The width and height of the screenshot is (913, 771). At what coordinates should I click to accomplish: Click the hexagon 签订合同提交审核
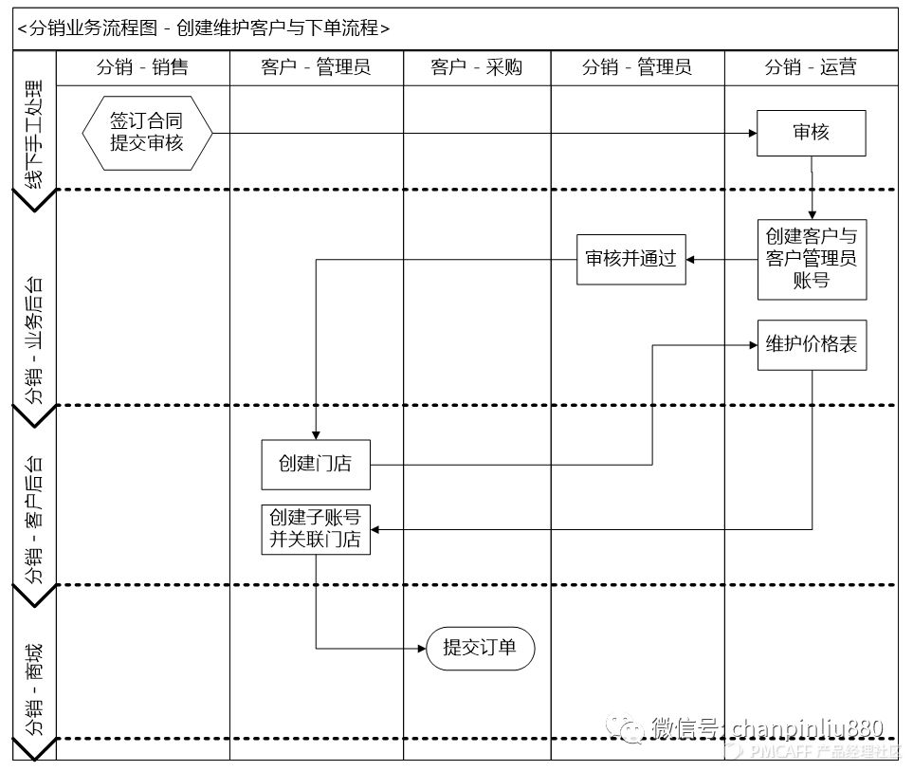coord(146,133)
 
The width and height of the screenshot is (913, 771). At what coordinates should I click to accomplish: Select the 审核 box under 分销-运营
coord(811,133)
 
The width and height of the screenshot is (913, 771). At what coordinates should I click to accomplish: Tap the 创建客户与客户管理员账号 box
coord(811,259)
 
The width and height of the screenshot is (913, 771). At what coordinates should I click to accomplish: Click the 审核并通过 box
coord(631,259)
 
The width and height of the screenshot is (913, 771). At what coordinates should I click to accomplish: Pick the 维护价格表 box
coord(811,345)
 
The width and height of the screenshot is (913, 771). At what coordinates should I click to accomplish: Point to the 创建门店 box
coord(316,464)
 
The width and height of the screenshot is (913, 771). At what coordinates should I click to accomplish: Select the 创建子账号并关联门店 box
coord(316,529)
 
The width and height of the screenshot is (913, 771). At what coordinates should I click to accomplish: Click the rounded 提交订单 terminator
coord(480,649)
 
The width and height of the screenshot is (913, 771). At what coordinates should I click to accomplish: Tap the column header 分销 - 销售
coord(142,66)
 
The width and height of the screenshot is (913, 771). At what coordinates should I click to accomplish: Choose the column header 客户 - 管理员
coord(316,66)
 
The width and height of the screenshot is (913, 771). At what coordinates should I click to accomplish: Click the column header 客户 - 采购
coord(476,66)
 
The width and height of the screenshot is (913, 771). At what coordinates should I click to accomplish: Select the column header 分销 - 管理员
coord(637,66)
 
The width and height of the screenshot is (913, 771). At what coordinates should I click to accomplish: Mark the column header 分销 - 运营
coord(811,66)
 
